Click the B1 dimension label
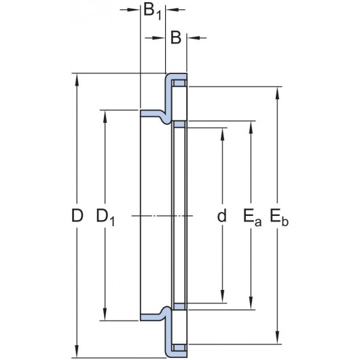pos(152,12)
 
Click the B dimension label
pos(176,37)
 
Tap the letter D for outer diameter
pos(77,215)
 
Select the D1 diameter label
pos(105,217)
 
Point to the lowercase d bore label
pos(222,215)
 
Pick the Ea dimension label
pos(252,217)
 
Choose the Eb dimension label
pos(278,217)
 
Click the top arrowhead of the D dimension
pos(77,79)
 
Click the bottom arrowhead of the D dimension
pos(77,351)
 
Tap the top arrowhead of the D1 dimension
pos(105,116)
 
